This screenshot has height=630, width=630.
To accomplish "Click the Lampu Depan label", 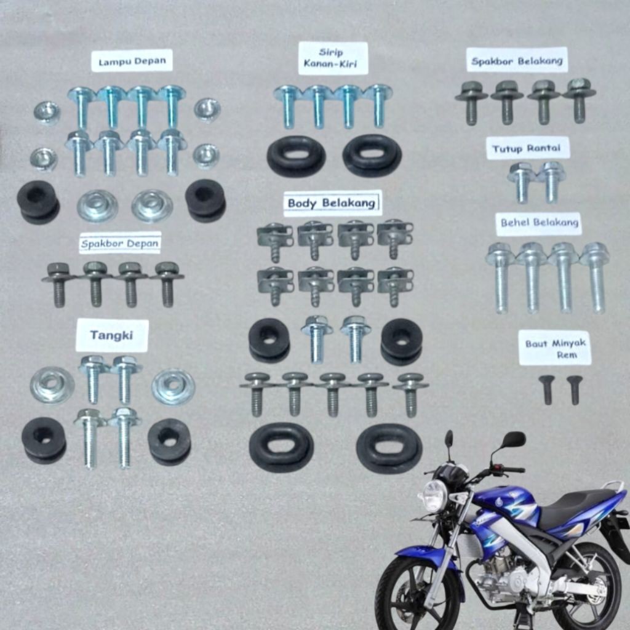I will [132, 61].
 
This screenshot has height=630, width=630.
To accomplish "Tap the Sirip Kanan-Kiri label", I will [333, 58].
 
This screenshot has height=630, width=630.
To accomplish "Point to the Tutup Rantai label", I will [528, 148].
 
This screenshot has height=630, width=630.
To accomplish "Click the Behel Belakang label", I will [539, 223].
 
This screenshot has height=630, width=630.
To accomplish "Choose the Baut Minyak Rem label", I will [554, 348].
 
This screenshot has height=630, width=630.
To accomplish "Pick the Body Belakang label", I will [332, 202].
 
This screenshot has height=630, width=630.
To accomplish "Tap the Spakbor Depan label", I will [120, 242].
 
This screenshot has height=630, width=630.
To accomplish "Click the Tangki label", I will [111, 335].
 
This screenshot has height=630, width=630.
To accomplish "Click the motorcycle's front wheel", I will [418, 594].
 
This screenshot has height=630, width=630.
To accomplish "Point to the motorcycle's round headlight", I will [434, 495].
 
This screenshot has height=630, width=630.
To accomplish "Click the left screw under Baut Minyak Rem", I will [546, 389].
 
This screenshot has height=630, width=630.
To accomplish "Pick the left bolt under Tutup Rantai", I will [522, 181].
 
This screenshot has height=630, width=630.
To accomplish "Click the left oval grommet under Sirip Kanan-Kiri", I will [296, 156].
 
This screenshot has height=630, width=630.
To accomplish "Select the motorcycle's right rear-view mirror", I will [513, 439].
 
